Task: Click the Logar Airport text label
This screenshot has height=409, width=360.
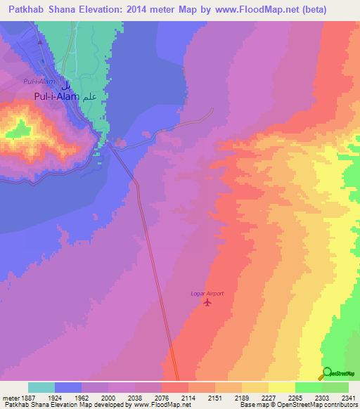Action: click(207, 293)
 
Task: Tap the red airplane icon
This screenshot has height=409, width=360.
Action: click(207, 303)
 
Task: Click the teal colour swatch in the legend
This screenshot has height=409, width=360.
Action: click(41, 387)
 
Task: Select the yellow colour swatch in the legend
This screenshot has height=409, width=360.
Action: click(281, 387)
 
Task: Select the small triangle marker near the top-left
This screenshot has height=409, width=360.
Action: click(40, 41)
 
